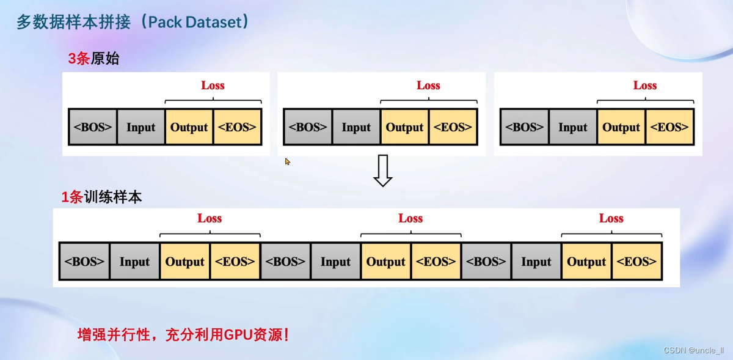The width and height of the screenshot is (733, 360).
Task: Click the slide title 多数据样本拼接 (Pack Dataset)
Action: point(133,22)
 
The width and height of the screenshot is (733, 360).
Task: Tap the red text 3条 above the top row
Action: point(79,59)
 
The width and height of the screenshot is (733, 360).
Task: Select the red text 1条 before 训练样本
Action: point(71,197)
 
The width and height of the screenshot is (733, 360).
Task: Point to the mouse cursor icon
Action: point(288,161)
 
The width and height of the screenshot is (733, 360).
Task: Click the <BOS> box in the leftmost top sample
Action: point(93,127)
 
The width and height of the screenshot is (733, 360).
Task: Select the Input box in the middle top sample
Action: point(356,127)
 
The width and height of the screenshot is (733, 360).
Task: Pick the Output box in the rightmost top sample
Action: point(621,127)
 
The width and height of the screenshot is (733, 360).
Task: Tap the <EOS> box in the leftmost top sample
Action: point(237,127)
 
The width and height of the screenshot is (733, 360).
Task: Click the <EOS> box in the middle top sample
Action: point(453,127)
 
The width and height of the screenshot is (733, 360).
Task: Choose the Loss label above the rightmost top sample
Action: point(644,86)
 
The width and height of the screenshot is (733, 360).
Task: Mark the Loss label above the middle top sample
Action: point(428,86)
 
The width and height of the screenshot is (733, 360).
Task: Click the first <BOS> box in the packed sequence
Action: point(85,262)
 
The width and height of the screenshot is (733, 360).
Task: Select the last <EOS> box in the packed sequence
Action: point(636,262)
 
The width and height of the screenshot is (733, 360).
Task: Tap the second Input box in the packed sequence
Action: point(335,262)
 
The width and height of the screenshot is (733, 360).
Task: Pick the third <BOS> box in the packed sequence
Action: point(486,262)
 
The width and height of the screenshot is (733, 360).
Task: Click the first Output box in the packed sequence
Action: point(184,262)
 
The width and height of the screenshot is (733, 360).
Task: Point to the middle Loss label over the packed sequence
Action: point(410,218)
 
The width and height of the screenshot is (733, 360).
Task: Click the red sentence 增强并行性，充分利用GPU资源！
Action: point(183,335)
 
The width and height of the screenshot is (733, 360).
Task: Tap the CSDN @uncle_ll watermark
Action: point(693,350)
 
